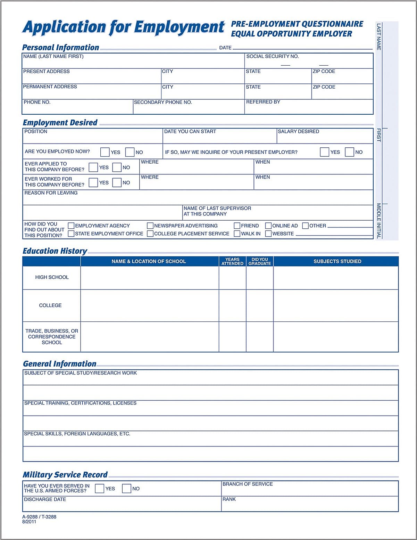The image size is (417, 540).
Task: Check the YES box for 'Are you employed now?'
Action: tap(105, 152)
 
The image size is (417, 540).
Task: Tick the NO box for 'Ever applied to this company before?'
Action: tap(117, 167)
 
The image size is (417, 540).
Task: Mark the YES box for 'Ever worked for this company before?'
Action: tap(93, 182)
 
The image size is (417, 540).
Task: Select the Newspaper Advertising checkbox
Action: tap(150, 226)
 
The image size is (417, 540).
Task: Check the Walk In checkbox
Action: tap(237, 234)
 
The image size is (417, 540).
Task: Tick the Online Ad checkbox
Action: tap(268, 226)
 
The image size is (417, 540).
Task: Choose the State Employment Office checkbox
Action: tap(71, 234)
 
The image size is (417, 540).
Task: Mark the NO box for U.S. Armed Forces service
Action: tap(126, 489)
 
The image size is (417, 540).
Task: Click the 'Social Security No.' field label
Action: tap(272, 56)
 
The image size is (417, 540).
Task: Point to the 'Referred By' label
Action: tap(263, 102)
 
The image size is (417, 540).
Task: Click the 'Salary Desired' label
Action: tap(298, 131)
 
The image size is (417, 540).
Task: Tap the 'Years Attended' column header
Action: tap(232, 261)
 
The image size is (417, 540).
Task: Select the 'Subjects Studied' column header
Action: tap(337, 261)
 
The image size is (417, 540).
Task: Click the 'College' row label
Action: tap(50, 305)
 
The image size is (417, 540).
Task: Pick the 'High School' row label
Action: tap(52, 277)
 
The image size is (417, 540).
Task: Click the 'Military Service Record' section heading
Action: tap(65, 475)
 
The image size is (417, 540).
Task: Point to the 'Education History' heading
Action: tap(55, 251)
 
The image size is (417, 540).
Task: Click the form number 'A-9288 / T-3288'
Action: tap(39, 517)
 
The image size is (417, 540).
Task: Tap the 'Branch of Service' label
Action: tap(248, 484)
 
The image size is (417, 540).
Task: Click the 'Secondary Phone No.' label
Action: tap(163, 102)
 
